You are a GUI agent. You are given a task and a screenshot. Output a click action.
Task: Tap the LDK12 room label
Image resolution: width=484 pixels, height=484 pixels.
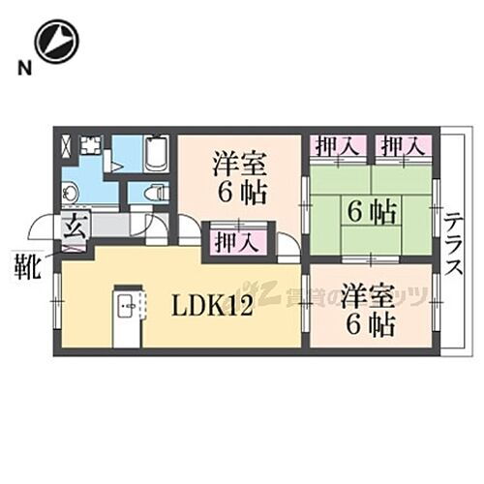pyautogui.click(x=212, y=307)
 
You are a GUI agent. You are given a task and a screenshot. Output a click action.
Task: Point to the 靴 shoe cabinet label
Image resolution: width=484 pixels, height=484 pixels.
pyautogui.click(x=25, y=264)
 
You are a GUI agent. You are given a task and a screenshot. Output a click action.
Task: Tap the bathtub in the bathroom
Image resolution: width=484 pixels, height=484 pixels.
pyautogui.click(x=157, y=153)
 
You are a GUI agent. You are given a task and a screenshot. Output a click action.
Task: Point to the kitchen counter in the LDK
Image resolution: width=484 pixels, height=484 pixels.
pyautogui.click(x=125, y=317)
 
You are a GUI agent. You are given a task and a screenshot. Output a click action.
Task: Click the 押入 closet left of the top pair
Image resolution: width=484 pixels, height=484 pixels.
pyautogui.click(x=338, y=147)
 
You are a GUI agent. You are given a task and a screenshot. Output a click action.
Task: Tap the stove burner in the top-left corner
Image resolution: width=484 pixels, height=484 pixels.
pyautogui.click(x=92, y=146)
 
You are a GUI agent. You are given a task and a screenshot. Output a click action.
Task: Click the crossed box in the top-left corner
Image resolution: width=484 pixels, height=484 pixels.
pyautogui.click(x=65, y=147)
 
